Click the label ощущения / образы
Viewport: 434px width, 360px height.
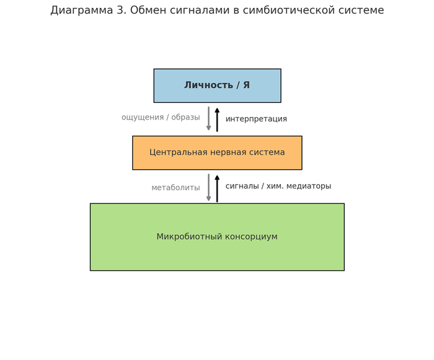pyautogui.click(x=161, y=118)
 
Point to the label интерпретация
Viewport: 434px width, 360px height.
pyautogui.click(x=256, y=119)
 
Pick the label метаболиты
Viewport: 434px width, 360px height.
pyautogui.click(x=175, y=188)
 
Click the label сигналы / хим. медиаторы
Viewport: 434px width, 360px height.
pyautogui.click(x=278, y=187)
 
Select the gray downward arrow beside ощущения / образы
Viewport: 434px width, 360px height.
pyautogui.click(x=209, y=118)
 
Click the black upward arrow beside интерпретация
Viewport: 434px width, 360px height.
pyautogui.click(x=217, y=119)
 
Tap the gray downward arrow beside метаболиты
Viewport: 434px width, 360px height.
pyautogui.click(x=209, y=187)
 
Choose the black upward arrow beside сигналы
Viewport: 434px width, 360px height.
pyautogui.click(x=217, y=188)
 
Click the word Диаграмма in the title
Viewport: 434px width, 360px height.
pyautogui.click(x=81, y=11)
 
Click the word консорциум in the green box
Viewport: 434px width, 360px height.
pyautogui.click(x=247, y=237)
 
